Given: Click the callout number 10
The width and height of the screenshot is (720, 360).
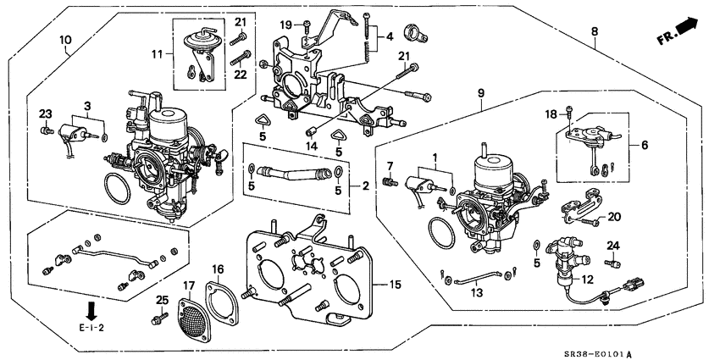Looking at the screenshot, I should pos(65,40).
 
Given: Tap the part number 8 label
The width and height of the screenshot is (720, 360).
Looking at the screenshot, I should pos(595,32).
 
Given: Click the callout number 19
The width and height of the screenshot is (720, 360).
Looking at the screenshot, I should pos(285,24).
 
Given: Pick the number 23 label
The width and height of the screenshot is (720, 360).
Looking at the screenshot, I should pos(44,115).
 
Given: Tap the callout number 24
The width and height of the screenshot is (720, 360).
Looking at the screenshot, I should pos(614,246).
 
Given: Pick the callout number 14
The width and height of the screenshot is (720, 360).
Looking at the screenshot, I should pos(311,147).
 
